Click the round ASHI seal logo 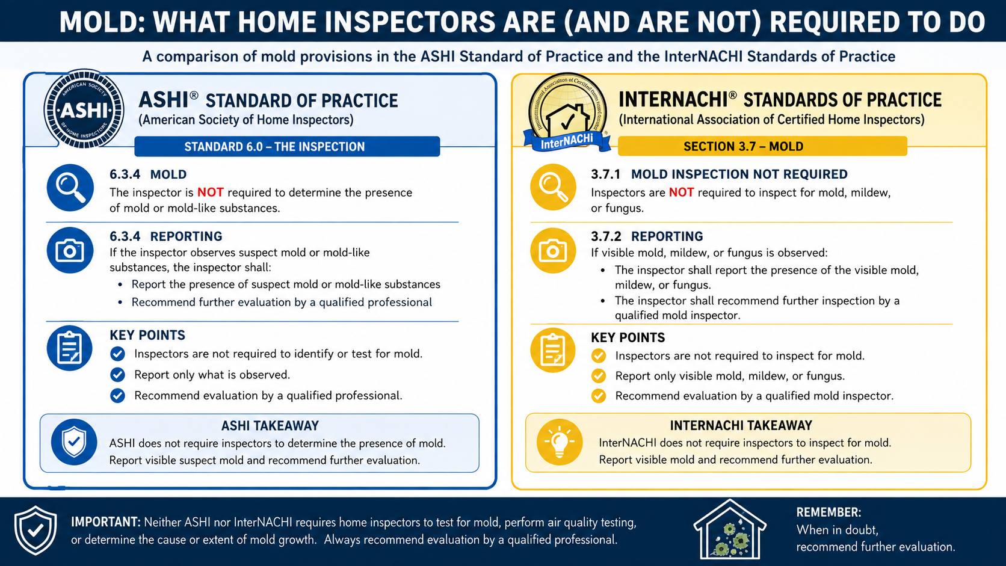84,109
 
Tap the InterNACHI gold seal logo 567,113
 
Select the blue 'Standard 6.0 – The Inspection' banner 287,147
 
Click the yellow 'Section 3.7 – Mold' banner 762,146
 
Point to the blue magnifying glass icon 70,188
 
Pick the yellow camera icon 553,250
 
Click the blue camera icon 70,250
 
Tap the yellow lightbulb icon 559,442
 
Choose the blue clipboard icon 70,348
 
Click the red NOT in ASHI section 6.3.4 210,192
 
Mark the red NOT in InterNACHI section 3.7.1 681,192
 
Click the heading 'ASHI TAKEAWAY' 270,425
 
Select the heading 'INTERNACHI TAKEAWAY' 741,425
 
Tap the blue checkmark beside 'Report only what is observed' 118,374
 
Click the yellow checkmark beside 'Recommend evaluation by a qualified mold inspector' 598,396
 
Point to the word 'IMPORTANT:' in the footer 106,522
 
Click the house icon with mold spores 730,530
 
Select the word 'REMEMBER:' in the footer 829,512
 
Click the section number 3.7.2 606,236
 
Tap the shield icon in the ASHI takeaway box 74,442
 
